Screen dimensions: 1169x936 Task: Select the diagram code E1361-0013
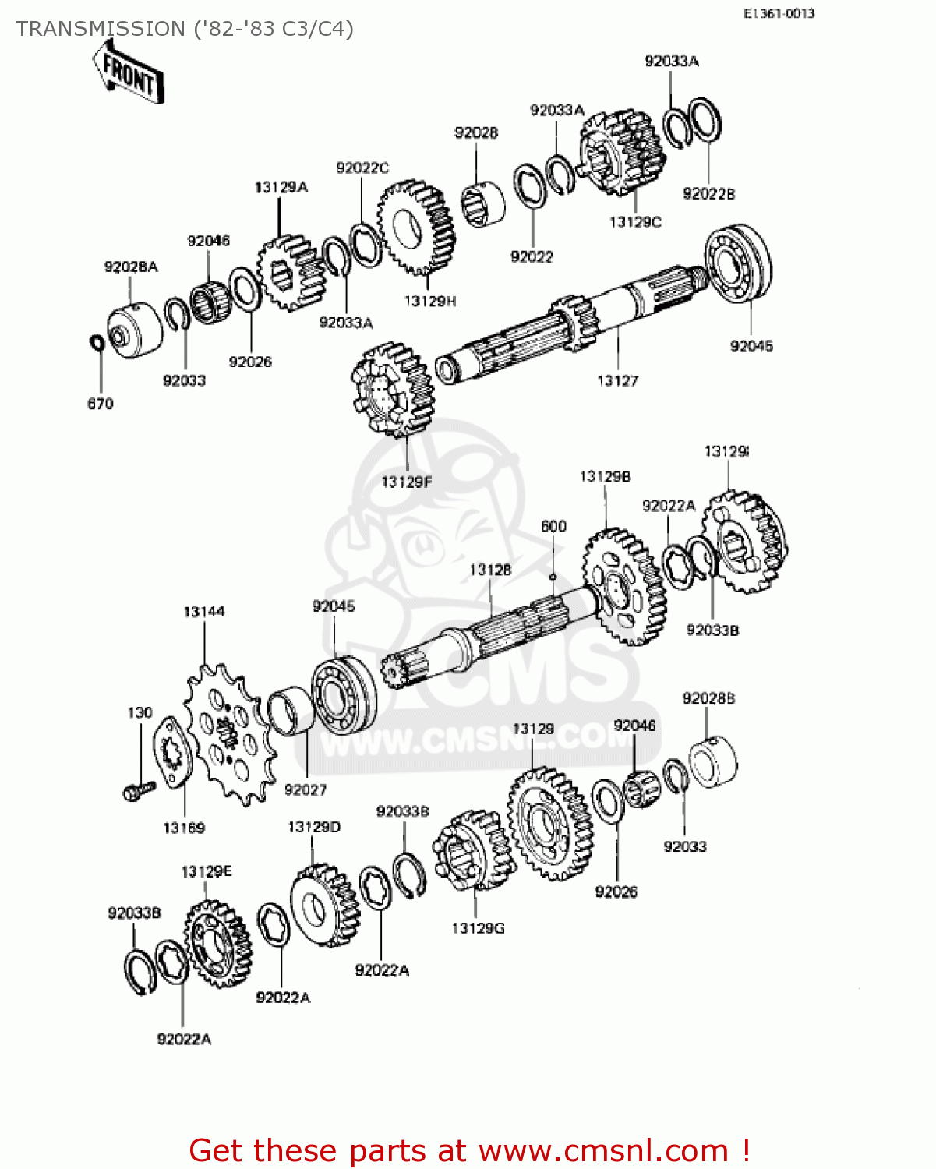778,13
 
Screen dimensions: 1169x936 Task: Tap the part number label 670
100,404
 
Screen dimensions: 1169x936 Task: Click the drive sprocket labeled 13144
229,733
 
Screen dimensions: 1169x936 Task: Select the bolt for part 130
140,791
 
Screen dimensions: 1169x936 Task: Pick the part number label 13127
617,381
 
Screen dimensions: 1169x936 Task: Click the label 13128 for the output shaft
490,570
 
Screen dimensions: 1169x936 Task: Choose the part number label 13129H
429,301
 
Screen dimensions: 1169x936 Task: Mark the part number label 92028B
708,699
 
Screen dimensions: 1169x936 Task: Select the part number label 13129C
634,222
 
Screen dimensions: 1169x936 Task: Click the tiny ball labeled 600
553,577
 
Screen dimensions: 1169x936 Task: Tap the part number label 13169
184,828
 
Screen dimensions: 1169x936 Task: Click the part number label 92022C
362,168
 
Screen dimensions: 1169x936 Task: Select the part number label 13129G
478,928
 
